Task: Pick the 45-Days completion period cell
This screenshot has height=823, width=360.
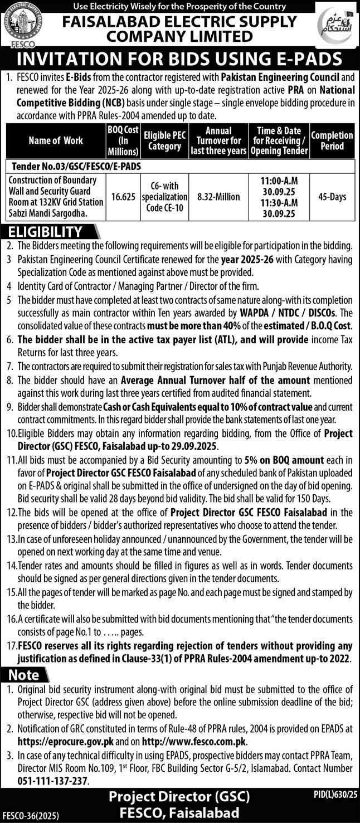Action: click(332, 196)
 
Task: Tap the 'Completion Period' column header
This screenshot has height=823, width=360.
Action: click(332, 141)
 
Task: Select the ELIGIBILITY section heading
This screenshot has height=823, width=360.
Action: click(45, 232)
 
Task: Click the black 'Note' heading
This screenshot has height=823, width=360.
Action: click(24, 675)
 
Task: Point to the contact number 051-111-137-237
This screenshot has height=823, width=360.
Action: click(53, 781)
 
